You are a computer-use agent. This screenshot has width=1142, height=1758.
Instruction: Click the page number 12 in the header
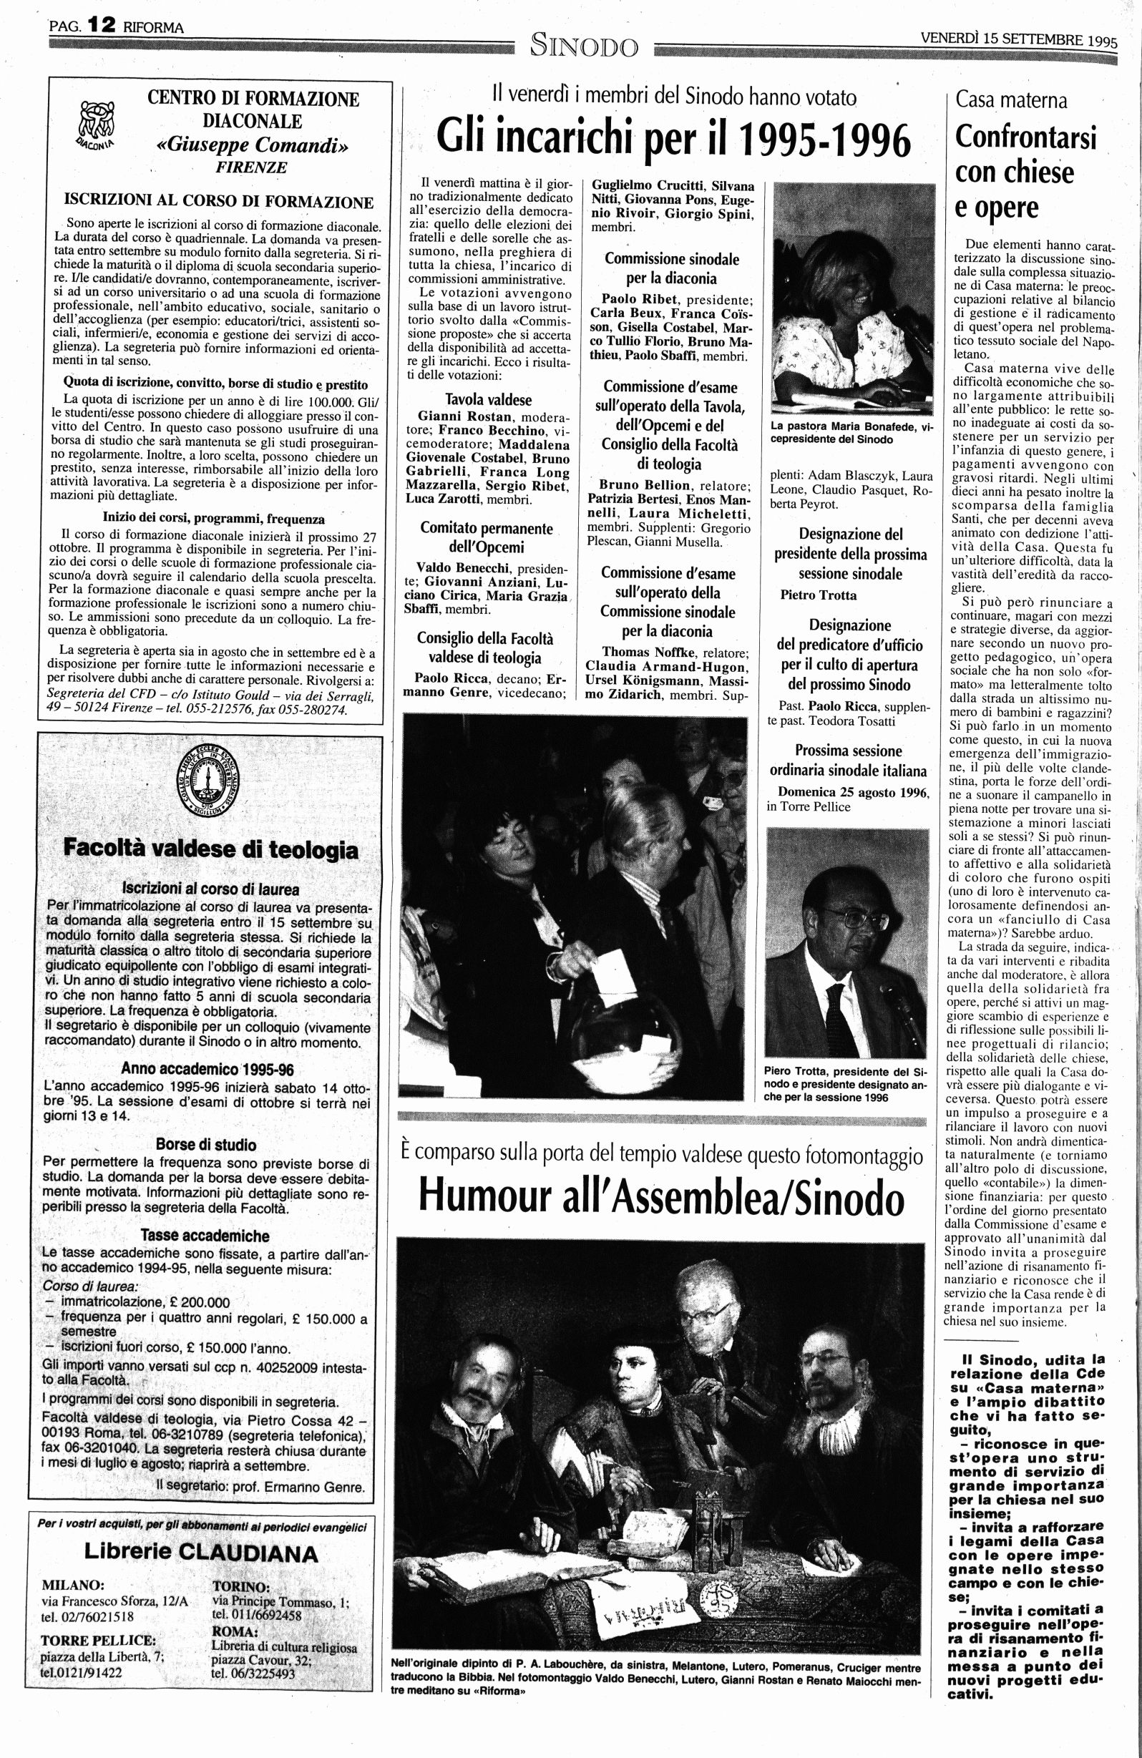pyautogui.click(x=101, y=25)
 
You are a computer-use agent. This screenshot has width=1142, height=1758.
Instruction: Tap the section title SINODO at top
pyautogui.click(x=584, y=47)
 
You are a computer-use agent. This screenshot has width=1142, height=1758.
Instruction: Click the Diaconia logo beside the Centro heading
pyautogui.click(x=96, y=122)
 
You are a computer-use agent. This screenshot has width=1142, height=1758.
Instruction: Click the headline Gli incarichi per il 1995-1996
pyautogui.click(x=673, y=137)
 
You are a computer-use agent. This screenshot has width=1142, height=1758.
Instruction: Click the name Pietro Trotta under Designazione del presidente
pyautogui.click(x=819, y=595)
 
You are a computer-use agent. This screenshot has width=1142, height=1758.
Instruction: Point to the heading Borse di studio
pyautogui.click(x=206, y=1145)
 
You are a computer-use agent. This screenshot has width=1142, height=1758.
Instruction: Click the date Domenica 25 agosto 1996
pyautogui.click(x=854, y=793)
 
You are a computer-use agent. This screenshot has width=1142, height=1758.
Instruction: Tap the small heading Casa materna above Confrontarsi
pyautogui.click(x=1010, y=99)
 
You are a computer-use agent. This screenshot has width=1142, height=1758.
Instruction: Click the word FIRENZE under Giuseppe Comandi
pyautogui.click(x=251, y=167)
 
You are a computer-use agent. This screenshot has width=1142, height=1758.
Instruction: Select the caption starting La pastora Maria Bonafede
pyautogui.click(x=851, y=432)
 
